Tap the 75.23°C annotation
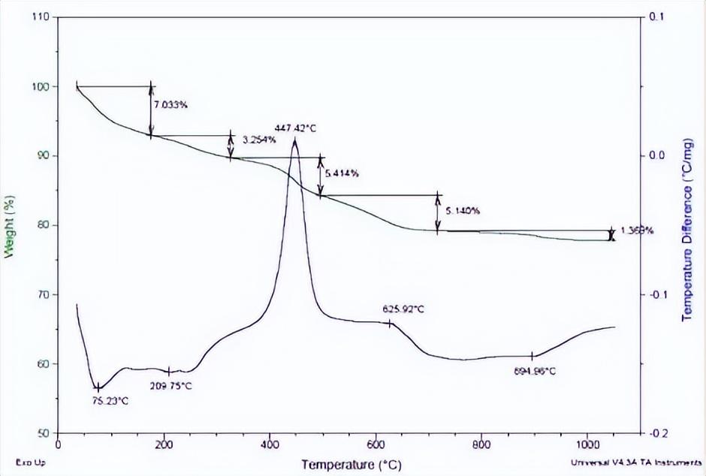[x=110, y=401]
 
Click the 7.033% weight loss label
[x=170, y=105]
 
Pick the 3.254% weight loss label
[x=260, y=140]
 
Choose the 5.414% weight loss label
[x=342, y=173]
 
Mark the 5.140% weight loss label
[x=462, y=211]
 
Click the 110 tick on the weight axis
[x=42, y=17]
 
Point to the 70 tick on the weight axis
[x=44, y=295]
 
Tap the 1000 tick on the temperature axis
[x=587, y=444]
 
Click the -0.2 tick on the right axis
[x=659, y=434]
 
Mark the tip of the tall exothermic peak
[x=294, y=140]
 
